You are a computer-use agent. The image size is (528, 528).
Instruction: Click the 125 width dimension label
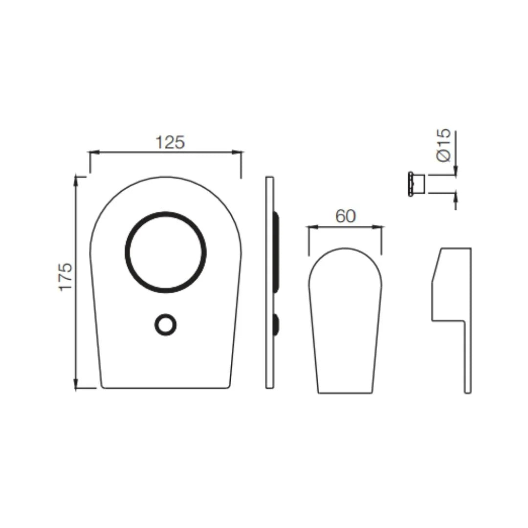tap(170, 142)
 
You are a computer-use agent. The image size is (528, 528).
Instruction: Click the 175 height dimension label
tap(66, 276)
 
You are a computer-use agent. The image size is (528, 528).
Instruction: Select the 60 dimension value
tap(346, 216)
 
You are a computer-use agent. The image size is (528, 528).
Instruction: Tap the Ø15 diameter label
tap(443, 146)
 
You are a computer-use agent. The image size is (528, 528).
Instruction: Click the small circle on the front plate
tap(166, 325)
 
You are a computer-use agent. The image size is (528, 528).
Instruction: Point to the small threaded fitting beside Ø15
tap(417, 184)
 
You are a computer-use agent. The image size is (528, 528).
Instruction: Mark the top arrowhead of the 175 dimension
tap(76, 179)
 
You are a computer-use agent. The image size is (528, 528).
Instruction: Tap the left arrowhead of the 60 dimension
tap(310, 227)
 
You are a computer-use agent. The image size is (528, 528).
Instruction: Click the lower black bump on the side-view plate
tap(276, 325)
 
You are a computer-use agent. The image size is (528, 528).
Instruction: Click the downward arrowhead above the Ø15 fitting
tap(455, 171)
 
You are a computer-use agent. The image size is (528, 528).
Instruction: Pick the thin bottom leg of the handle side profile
tap(467, 357)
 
